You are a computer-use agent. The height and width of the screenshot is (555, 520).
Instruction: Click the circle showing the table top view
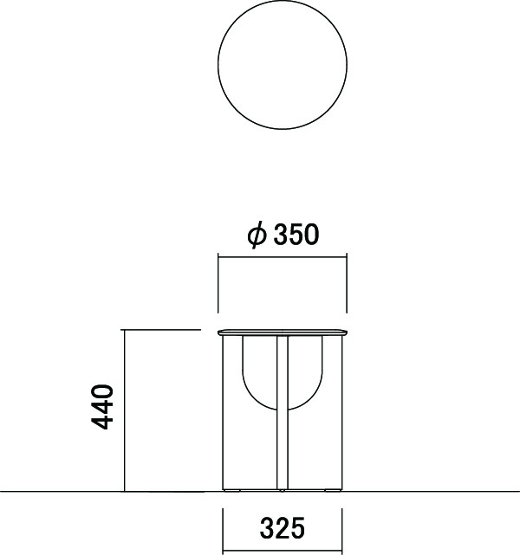218,65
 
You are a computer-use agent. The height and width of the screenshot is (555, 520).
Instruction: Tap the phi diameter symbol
257,235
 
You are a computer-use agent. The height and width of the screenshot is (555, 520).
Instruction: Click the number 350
296,235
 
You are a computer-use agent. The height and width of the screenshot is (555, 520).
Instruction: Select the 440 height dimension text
102,407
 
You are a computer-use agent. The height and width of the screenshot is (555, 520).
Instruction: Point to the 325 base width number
283,528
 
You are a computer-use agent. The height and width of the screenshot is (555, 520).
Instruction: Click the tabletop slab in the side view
283,332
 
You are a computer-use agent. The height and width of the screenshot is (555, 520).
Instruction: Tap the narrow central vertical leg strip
283,413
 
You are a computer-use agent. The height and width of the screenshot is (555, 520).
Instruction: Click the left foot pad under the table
232,491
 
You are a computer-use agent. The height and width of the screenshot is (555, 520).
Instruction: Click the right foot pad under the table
333,491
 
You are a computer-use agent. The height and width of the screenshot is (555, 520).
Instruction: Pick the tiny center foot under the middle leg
283,491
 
